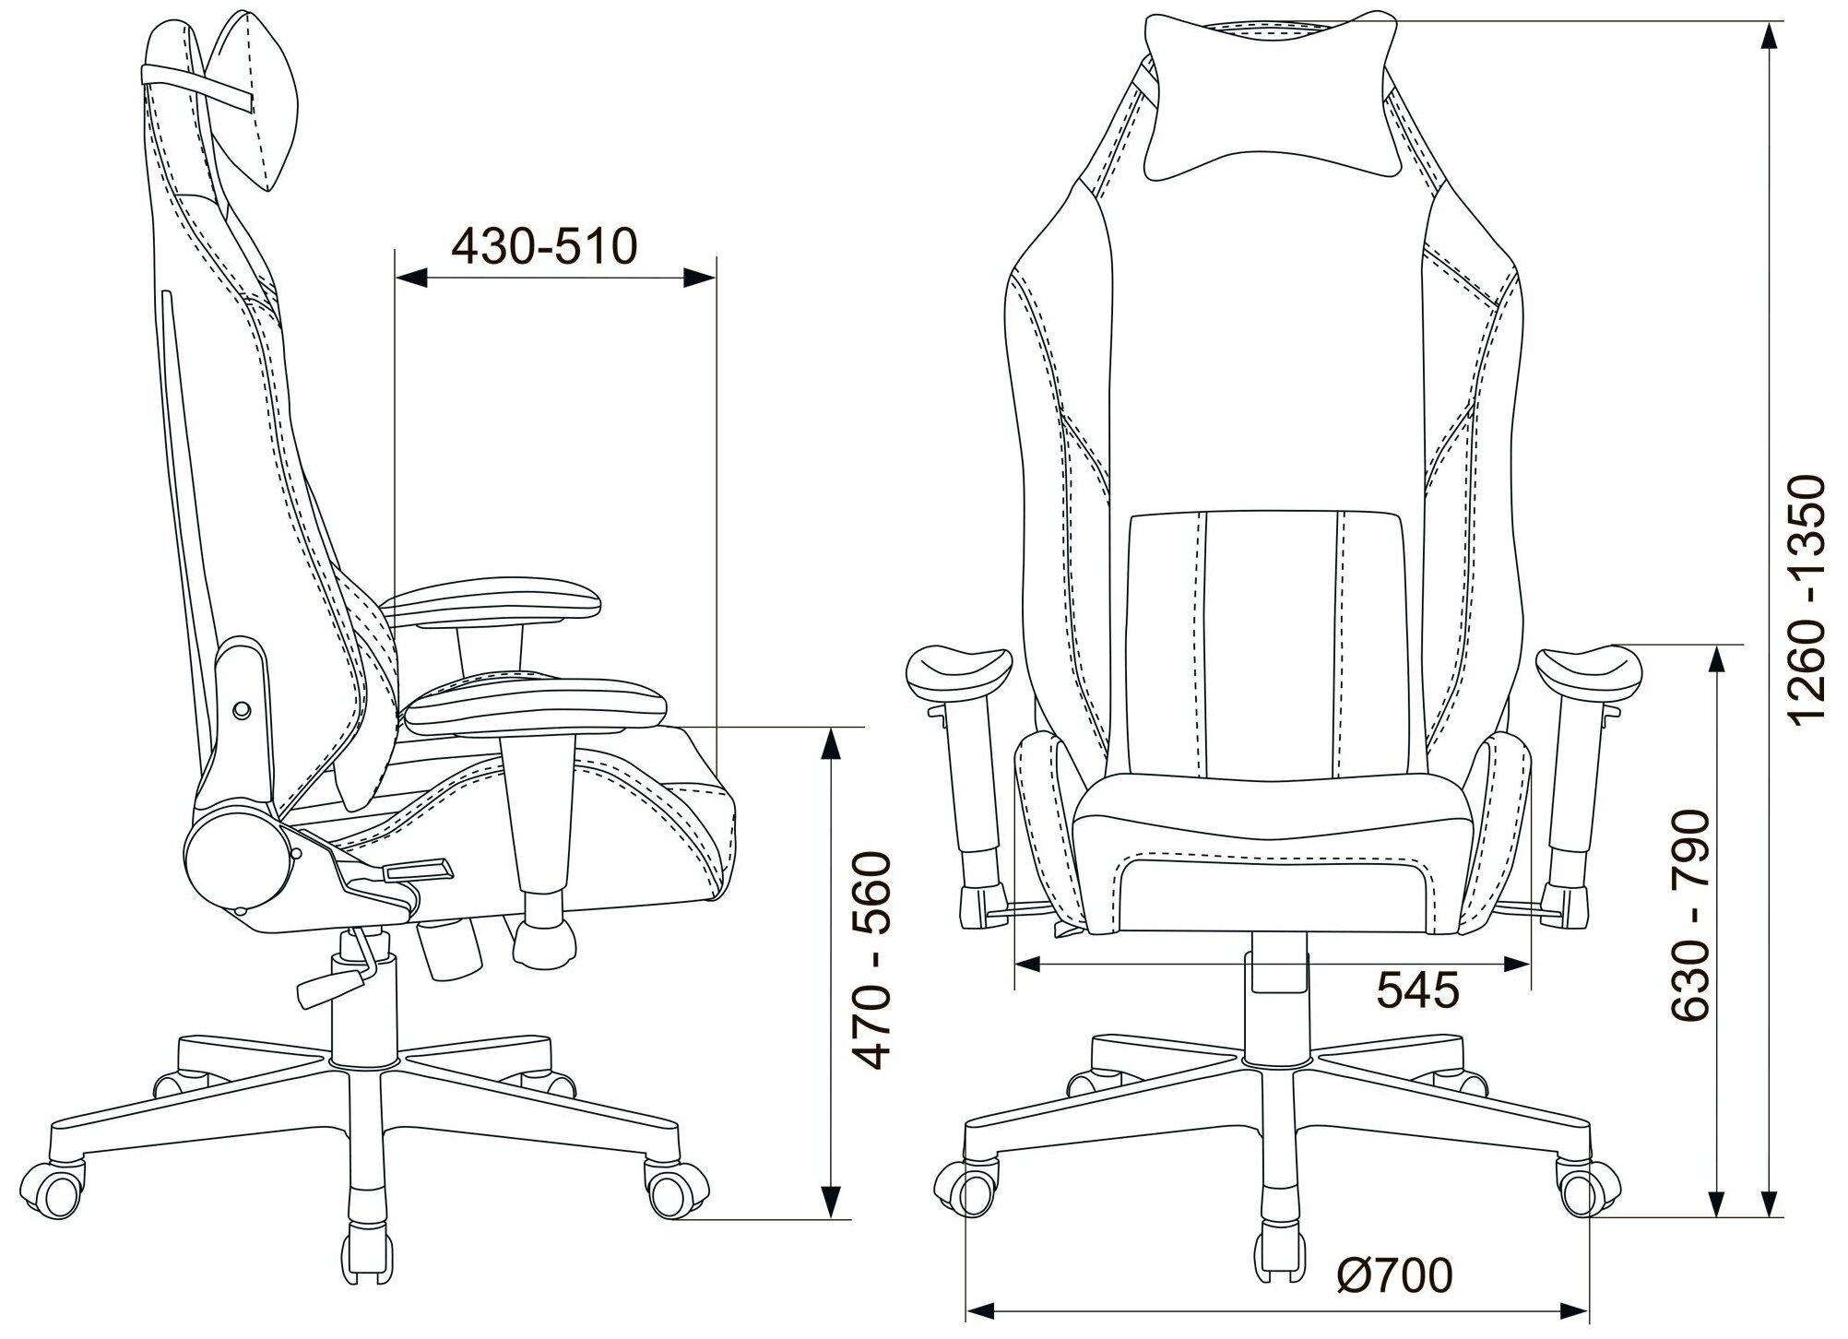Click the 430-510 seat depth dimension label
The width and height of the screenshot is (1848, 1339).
coord(544,246)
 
